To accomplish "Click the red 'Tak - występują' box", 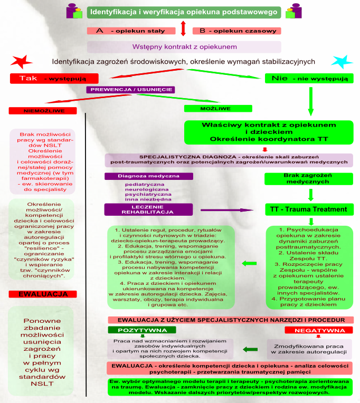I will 54,79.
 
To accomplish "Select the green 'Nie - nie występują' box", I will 308,79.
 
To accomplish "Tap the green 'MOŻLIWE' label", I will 215,109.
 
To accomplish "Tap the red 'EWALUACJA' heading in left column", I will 42,293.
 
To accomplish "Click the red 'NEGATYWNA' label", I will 318,330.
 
